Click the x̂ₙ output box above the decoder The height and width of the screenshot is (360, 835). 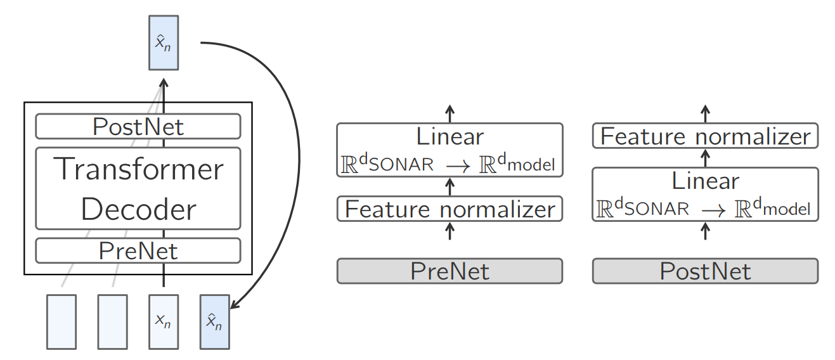(164, 42)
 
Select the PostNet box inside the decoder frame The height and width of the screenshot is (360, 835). (138, 126)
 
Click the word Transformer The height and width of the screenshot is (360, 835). (138, 169)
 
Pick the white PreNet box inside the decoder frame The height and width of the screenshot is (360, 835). (138, 251)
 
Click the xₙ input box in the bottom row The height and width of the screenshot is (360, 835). (164, 321)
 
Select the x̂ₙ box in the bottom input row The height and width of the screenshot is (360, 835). (214, 321)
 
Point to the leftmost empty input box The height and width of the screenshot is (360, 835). (61, 321)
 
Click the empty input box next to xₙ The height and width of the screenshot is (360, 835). (112, 321)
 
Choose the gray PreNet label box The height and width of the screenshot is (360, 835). (450, 271)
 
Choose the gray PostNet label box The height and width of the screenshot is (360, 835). (705, 271)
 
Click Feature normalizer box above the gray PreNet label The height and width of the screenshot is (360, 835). (450, 209)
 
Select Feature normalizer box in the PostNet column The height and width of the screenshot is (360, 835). (705, 136)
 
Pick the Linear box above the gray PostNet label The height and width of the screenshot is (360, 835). (705, 194)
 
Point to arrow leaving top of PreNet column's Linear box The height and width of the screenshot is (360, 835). (450, 113)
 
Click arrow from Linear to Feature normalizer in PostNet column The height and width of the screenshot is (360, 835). (705, 157)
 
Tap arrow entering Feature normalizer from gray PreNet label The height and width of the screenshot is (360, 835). (450, 230)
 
